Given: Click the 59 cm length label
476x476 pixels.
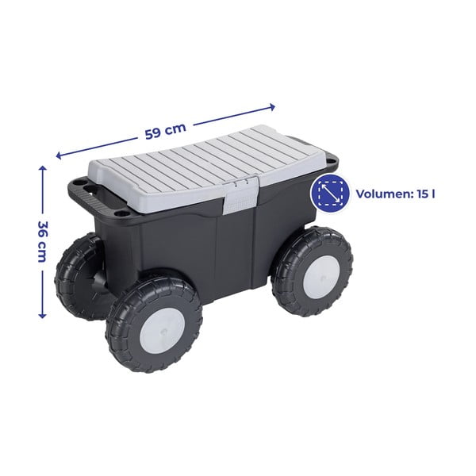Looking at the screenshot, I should point(166,130).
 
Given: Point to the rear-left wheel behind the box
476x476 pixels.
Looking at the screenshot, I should point(75,278).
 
